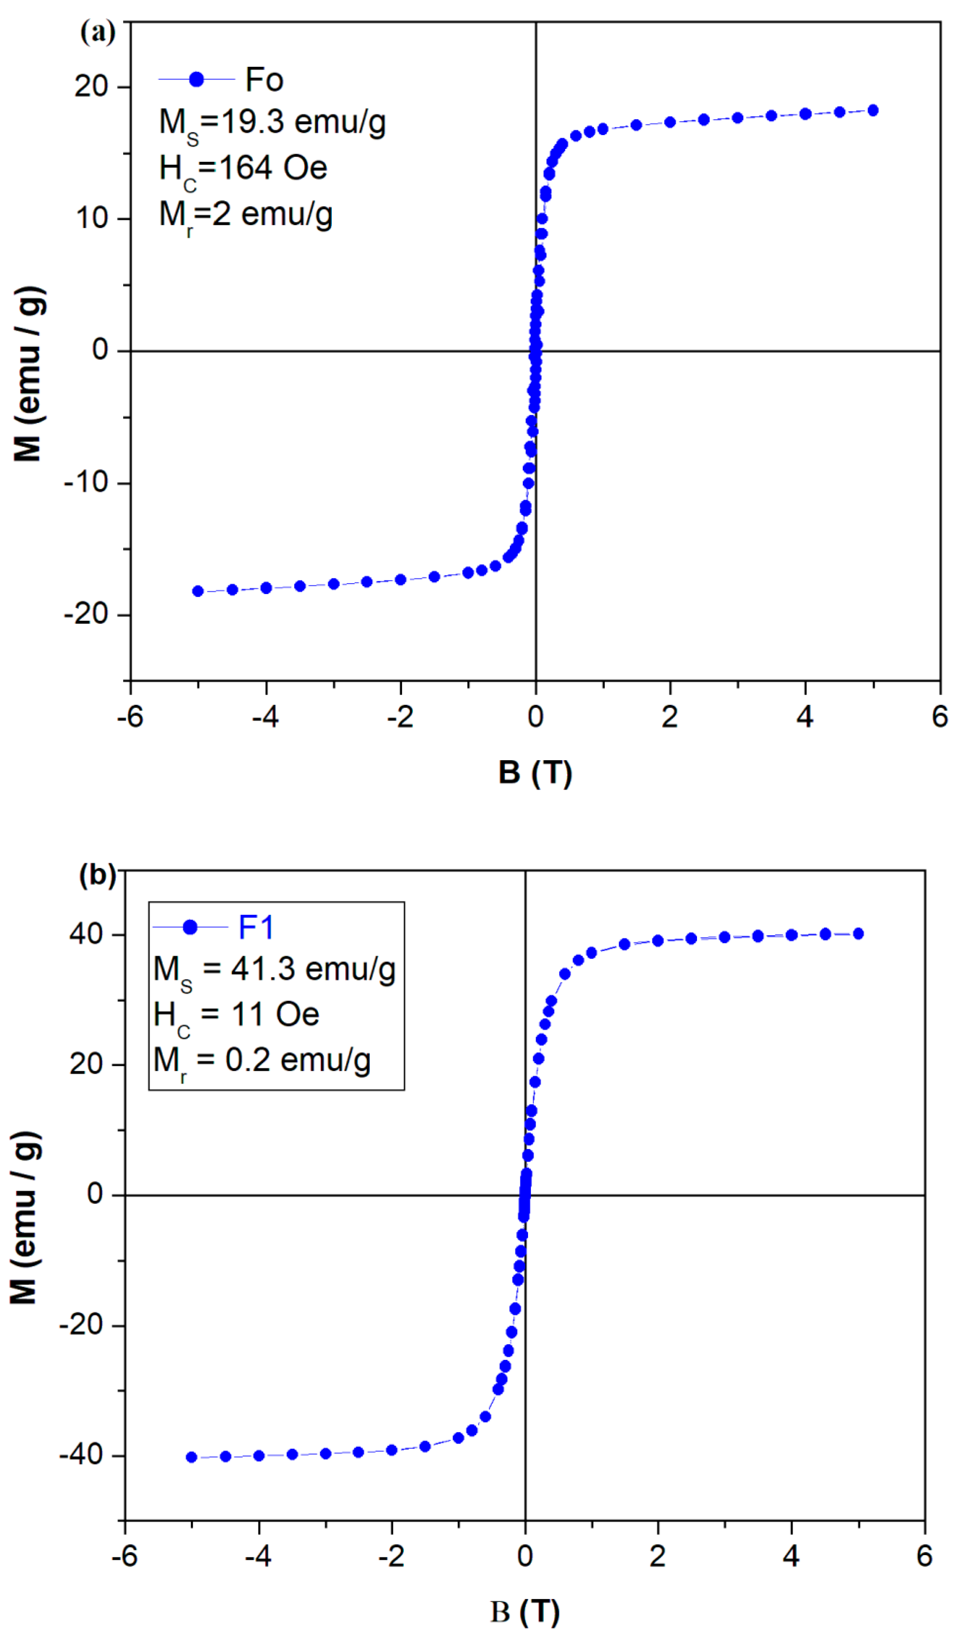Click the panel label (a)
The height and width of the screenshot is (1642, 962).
98,32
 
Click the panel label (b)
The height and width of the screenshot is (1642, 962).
97,875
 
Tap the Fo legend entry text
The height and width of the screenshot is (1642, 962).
264,80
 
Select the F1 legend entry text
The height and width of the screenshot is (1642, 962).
256,927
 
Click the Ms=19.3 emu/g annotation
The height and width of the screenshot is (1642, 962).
273,123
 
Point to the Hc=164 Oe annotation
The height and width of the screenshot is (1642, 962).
243,169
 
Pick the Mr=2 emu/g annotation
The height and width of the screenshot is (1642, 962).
246,216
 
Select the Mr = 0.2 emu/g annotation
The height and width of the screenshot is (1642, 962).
262,1061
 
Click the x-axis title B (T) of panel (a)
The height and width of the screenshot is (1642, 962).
535,773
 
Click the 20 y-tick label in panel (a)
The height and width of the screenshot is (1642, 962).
91,87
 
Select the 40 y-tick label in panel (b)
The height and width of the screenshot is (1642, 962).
87,934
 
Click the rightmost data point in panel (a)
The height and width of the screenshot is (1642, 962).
873,111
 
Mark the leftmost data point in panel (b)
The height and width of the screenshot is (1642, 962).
191,1457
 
